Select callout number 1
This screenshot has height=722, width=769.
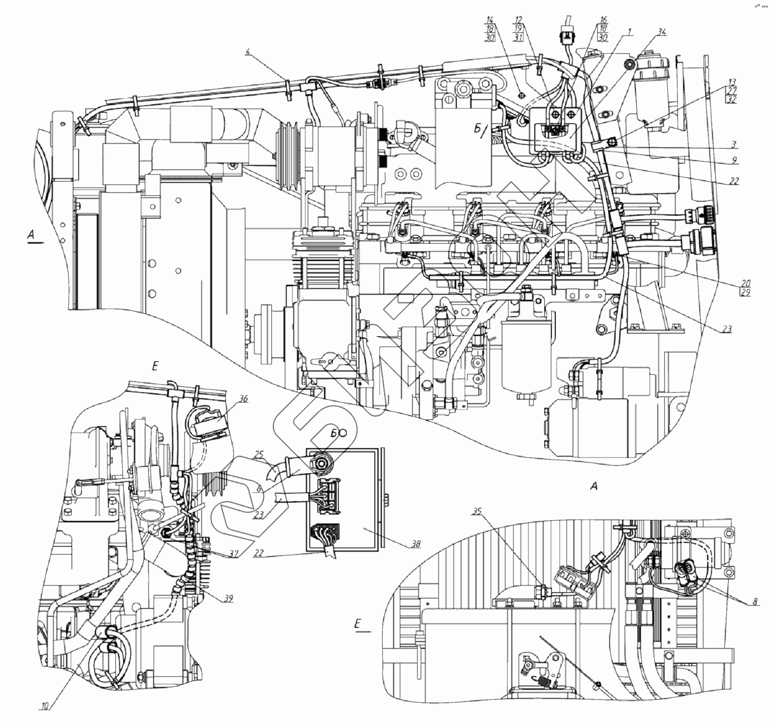630,33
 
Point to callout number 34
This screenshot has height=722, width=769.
662,33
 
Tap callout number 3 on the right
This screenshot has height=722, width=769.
733,144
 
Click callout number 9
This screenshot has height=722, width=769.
733,160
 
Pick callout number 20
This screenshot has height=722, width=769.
746,283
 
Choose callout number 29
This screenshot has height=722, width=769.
746,292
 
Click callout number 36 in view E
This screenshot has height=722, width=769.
243,399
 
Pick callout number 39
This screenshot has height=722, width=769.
227,598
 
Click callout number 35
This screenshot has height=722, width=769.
477,511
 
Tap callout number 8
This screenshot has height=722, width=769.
756,602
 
